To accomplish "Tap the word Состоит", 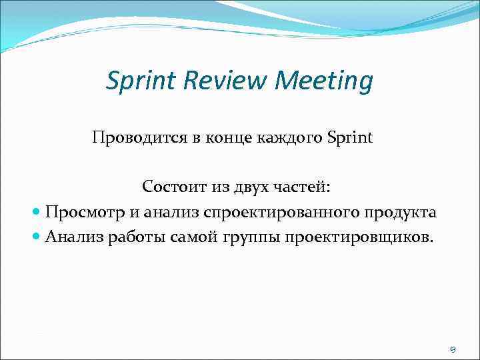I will tap(171, 187).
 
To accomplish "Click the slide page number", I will tap(453, 348).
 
